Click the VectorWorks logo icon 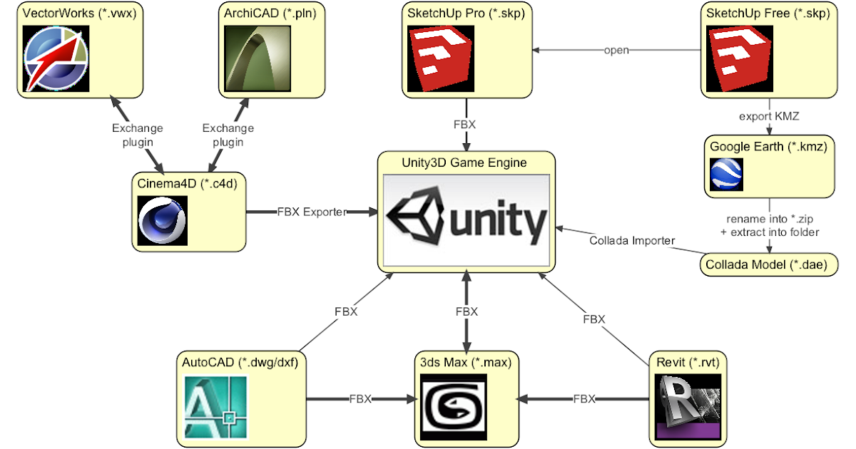(56, 59)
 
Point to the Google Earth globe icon (726, 175)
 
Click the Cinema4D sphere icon (163, 220)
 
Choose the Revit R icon (689, 408)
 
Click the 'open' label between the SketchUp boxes (616, 51)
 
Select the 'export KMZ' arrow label (768, 117)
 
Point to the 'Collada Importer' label (631, 241)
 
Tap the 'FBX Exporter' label (312, 212)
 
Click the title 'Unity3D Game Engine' (464, 162)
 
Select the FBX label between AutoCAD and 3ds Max (360, 399)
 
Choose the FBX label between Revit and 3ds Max (585, 399)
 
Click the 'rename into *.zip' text (769, 218)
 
